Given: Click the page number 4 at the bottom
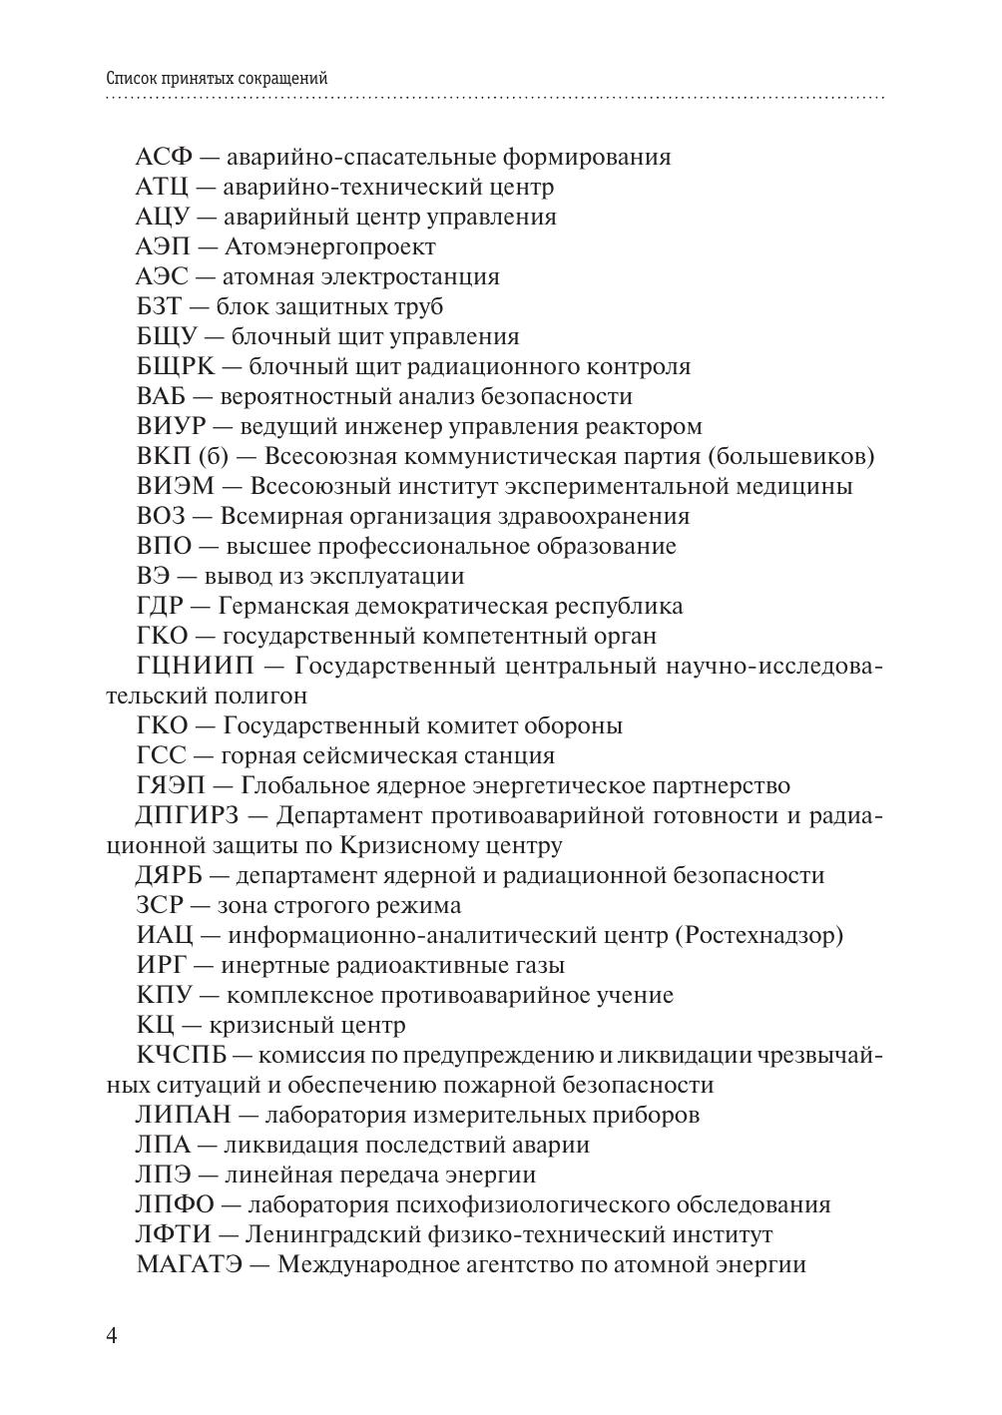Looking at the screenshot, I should tap(112, 1336).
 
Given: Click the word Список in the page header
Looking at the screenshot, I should tap(131, 78).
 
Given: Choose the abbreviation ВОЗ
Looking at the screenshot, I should tap(161, 517).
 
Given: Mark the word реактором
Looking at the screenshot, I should tap(640, 427).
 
